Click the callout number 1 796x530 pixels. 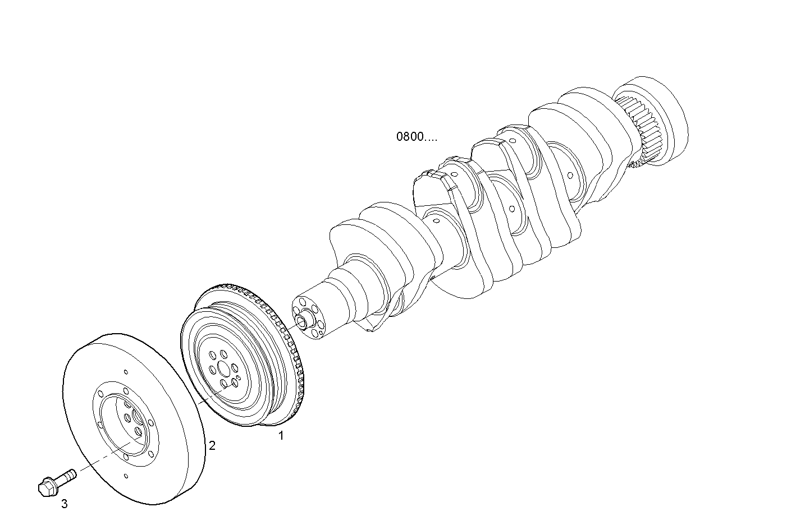click(x=282, y=435)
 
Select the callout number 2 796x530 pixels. click(x=212, y=446)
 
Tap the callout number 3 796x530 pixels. click(x=65, y=504)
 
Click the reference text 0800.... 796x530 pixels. click(x=416, y=136)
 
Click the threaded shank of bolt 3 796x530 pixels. click(x=67, y=476)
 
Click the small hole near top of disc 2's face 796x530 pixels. click(x=126, y=372)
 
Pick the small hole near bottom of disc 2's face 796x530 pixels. click(x=125, y=476)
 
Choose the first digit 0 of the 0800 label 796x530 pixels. click(x=400, y=136)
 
